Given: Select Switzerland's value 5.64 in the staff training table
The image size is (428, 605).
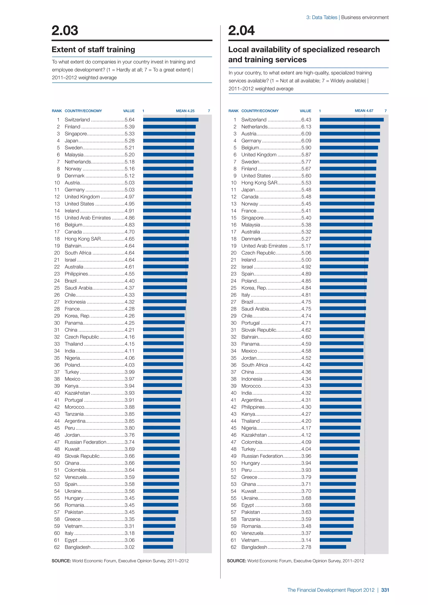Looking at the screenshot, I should (x=129, y=120).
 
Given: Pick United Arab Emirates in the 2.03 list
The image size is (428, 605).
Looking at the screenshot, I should (x=88, y=218).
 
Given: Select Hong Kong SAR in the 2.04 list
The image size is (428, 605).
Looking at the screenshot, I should (x=259, y=183).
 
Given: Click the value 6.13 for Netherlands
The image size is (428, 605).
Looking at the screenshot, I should (x=306, y=127).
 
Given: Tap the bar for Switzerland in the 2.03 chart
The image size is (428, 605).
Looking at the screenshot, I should (x=171, y=120).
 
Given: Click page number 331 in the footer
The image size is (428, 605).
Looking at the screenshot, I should (x=385, y=590).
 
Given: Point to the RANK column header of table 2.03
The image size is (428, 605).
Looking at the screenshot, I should (x=57, y=111).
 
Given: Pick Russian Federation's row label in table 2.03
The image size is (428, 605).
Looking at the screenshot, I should (x=85, y=442).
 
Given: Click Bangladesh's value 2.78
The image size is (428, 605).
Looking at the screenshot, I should (x=306, y=547).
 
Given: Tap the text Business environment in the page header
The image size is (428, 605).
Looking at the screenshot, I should (x=365, y=17).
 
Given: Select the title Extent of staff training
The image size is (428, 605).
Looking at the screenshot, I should (x=93, y=50).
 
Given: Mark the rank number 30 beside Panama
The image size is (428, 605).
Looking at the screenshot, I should (x=57, y=323).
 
